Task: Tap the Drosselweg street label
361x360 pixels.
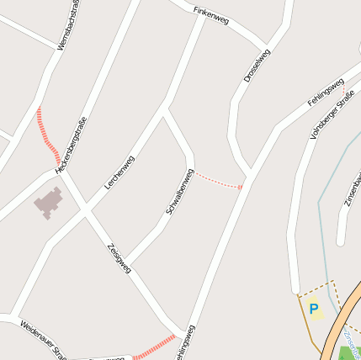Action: (257, 65)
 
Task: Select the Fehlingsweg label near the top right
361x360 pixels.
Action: (326, 91)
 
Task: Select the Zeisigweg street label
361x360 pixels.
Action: (119, 257)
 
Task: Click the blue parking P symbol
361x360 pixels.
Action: (314, 310)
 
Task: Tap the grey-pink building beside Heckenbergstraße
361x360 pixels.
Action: (48, 203)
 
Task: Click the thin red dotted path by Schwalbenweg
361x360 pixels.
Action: (218, 180)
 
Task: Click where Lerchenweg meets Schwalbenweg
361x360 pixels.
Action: (165, 109)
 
